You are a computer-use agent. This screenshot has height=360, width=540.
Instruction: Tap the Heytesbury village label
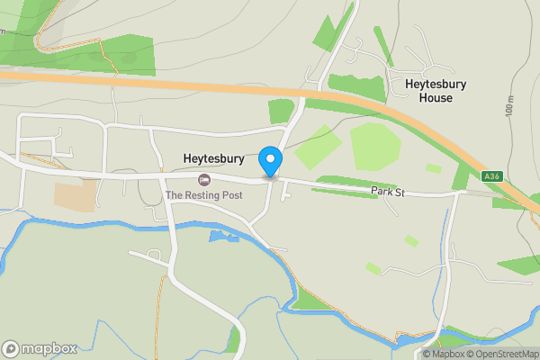[x=214, y=159]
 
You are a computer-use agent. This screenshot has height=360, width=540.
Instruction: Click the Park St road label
[x=389, y=191]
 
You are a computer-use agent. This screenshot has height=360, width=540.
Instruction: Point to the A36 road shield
[x=491, y=176]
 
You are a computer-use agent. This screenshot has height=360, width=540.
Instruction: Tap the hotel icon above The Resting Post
[x=203, y=179]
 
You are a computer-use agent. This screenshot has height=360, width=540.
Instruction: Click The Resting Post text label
[x=203, y=194]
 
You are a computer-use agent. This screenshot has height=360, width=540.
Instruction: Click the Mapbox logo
[x=40, y=348]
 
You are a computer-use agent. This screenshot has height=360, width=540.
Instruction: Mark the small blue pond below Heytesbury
[x=220, y=237]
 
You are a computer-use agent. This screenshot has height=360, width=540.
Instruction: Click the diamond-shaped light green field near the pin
[x=319, y=146]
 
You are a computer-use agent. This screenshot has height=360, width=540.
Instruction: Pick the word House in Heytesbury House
[x=436, y=97]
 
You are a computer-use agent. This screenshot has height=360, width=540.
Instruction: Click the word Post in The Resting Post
[x=229, y=194]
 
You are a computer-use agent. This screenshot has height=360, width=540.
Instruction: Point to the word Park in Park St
[x=382, y=191]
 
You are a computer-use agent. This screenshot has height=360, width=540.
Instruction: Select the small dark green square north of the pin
[x=282, y=111]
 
